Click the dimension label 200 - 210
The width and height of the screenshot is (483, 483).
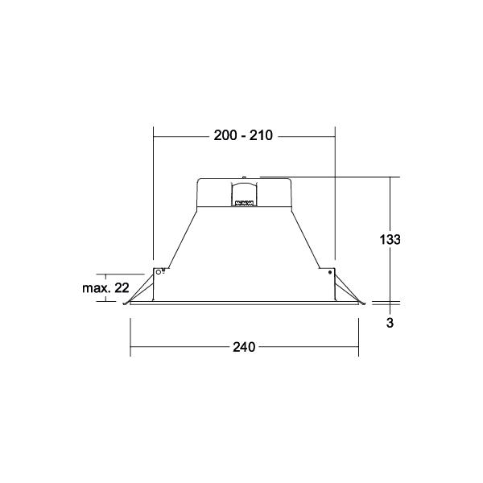(x=243, y=135)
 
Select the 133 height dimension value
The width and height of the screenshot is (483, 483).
(x=390, y=239)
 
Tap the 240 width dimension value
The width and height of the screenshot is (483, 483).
(x=244, y=347)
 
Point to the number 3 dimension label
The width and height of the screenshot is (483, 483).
(x=390, y=323)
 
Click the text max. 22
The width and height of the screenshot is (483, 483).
(x=105, y=288)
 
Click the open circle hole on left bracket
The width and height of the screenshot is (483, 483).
(x=159, y=272)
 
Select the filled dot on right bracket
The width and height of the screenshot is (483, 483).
(x=330, y=272)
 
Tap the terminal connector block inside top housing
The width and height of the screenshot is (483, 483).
(x=244, y=204)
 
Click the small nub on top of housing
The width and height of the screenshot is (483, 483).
(x=244, y=177)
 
